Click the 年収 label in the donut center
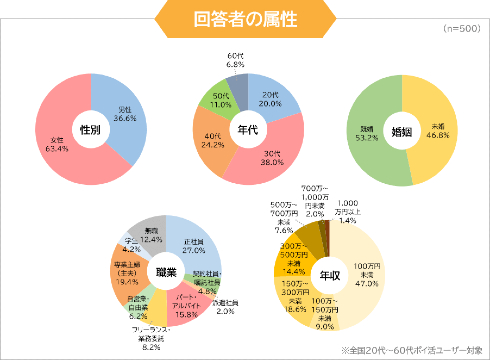coord(326,271)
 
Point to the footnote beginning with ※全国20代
coord(413,350)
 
